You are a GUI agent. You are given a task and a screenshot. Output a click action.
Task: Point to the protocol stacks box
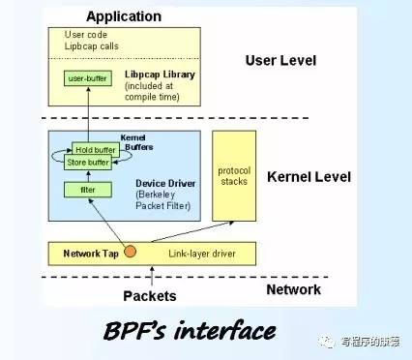coord(234,177)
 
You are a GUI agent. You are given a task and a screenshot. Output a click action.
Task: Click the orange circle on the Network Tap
coord(130,253)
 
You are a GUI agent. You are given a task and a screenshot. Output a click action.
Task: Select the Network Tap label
coord(91,253)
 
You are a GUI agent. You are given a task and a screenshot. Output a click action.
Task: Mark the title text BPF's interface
coord(189,332)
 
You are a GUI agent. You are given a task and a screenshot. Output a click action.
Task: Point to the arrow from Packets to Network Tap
coord(130,273)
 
